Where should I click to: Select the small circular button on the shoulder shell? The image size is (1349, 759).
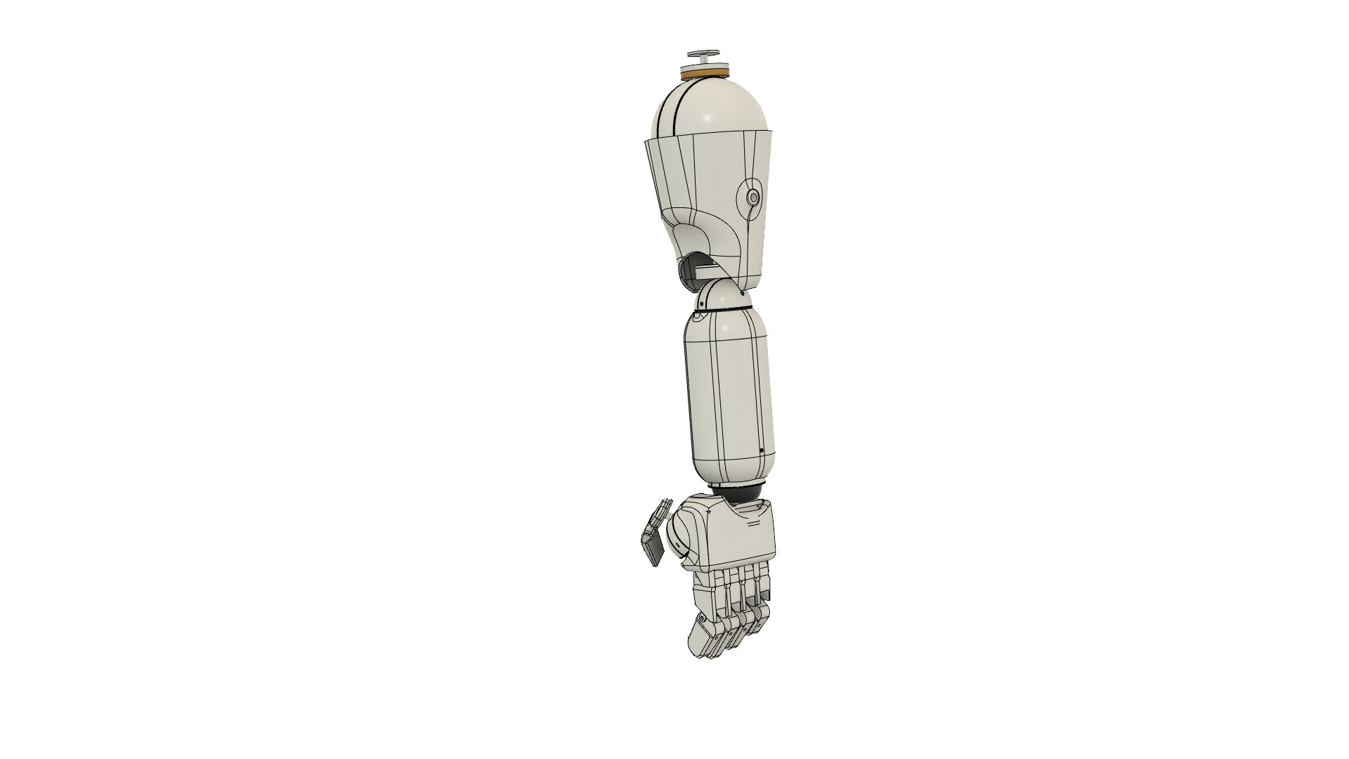(754, 197)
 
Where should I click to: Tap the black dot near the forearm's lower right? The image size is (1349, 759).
(762, 450)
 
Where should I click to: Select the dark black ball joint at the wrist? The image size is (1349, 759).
(743, 493)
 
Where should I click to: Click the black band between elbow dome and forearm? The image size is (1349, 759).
(724, 311)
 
